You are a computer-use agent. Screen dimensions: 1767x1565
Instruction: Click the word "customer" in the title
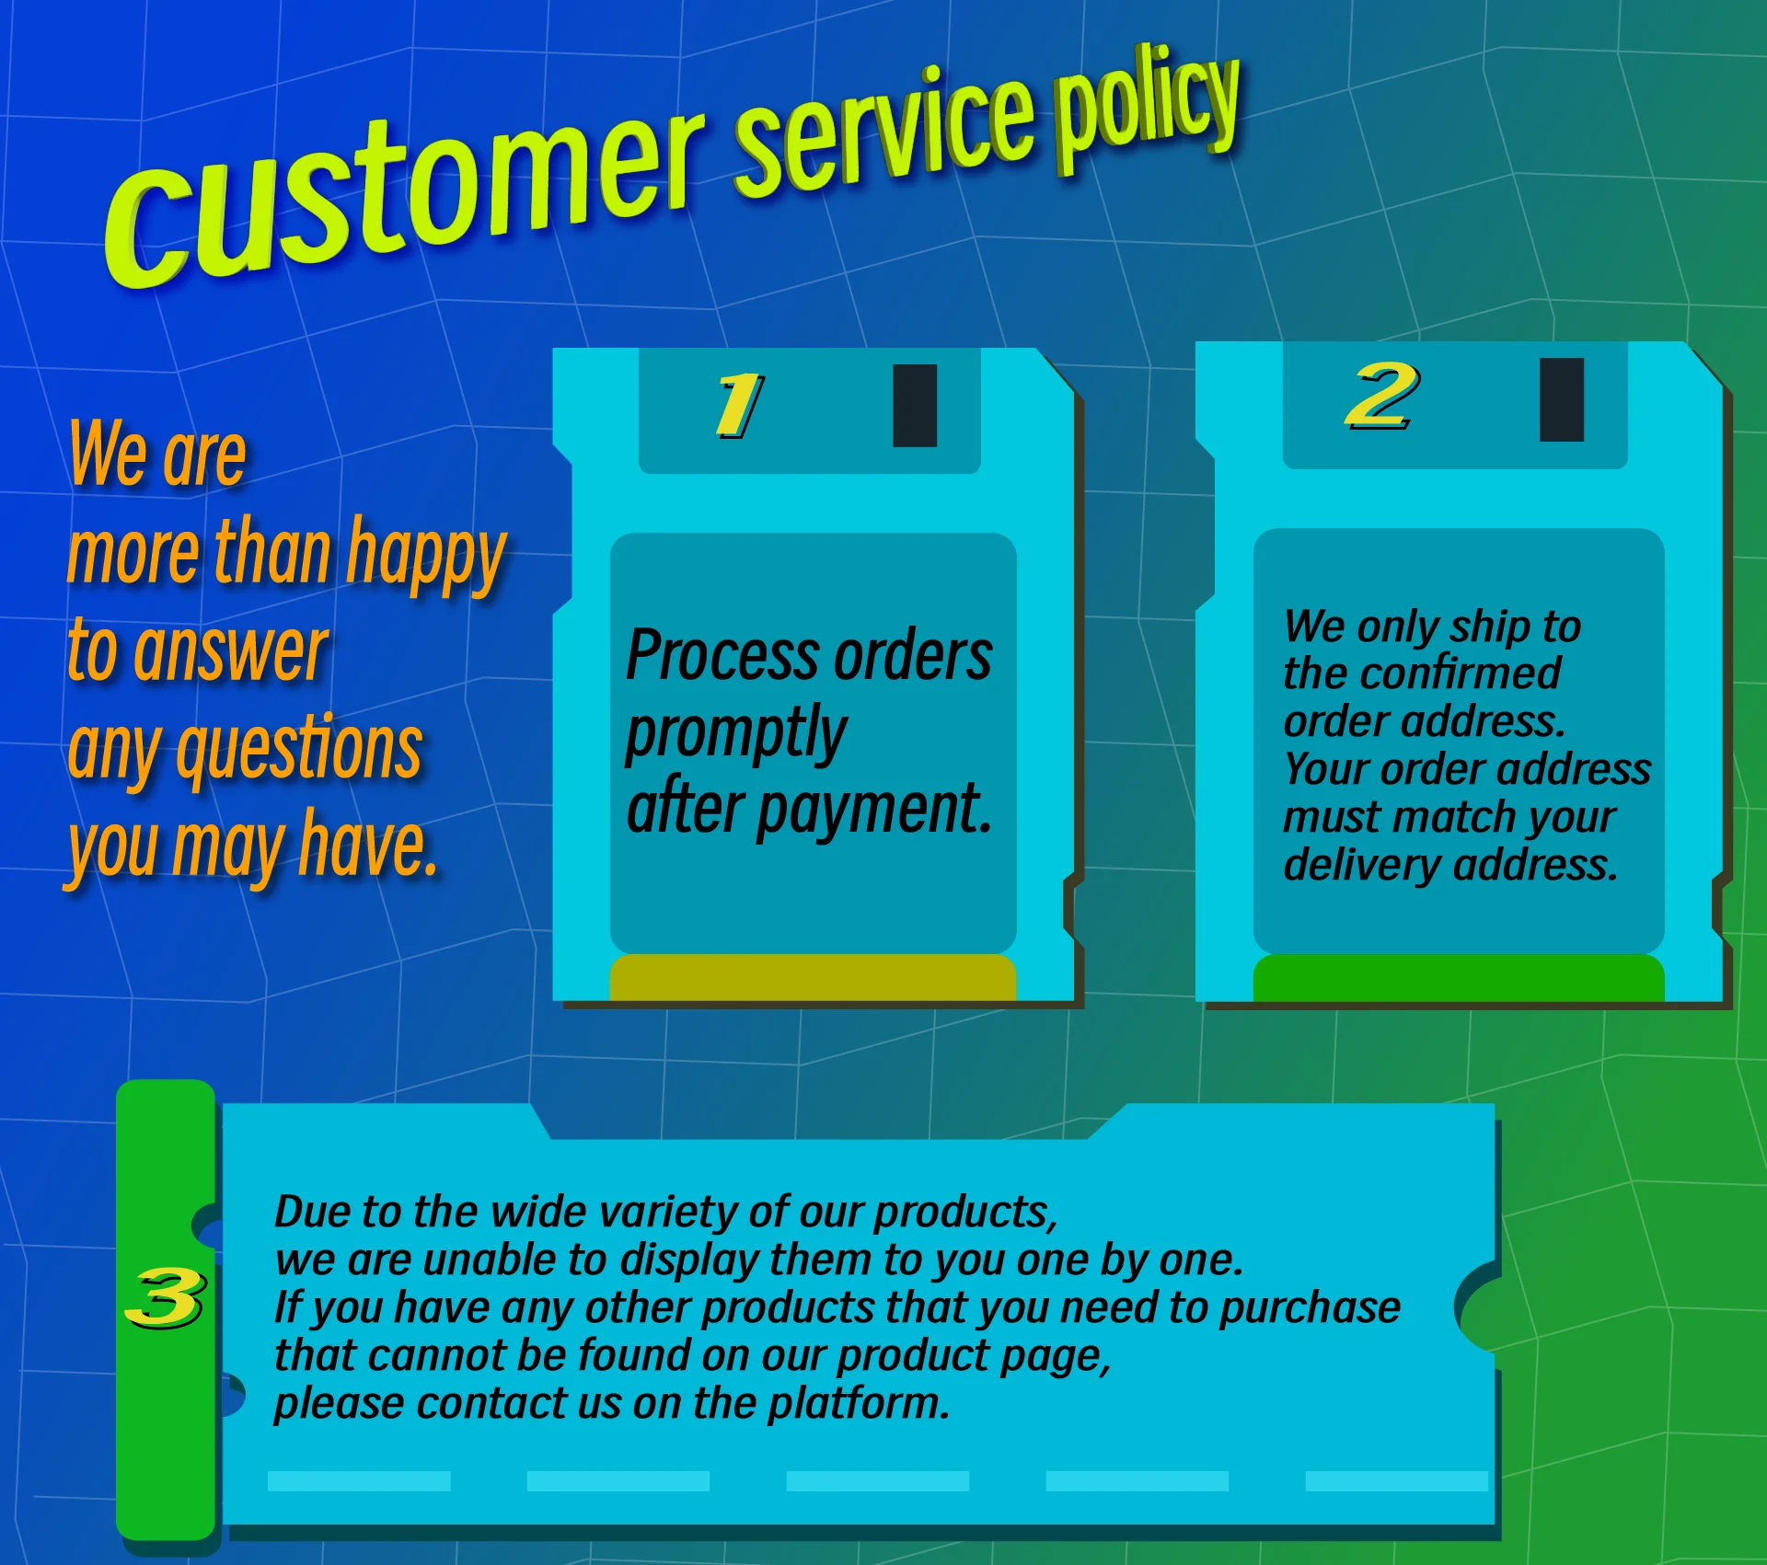click(x=405, y=198)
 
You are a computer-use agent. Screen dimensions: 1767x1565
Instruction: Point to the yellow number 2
click(x=1381, y=396)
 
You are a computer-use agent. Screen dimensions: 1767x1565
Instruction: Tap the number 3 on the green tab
click(x=166, y=1298)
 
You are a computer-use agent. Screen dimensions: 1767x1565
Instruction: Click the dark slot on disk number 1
click(x=915, y=406)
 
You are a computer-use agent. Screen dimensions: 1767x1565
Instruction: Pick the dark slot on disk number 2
click(x=1562, y=400)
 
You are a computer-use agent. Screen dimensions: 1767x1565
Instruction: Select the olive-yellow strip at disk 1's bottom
click(x=813, y=977)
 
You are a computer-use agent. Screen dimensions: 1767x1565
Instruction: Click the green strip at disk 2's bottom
click(x=1459, y=977)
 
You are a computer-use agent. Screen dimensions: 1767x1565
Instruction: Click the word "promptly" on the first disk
click(x=736, y=734)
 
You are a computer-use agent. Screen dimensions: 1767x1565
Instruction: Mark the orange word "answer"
click(x=231, y=651)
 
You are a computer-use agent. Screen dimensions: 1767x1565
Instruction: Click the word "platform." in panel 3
click(x=859, y=1404)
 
